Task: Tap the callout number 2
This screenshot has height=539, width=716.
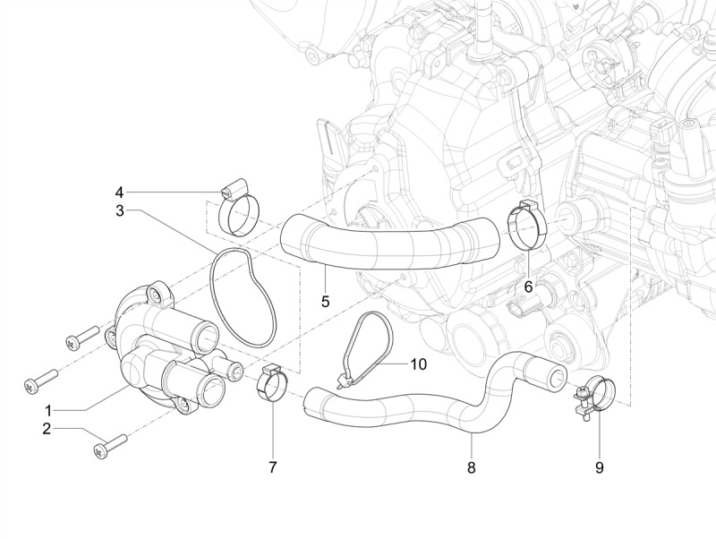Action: click(x=47, y=430)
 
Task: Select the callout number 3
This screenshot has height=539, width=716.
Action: click(x=119, y=211)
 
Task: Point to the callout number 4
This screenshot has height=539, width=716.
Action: click(x=119, y=192)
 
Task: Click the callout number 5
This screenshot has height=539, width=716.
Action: click(x=326, y=301)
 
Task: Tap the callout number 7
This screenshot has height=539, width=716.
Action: click(x=273, y=466)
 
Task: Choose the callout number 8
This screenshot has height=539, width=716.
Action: click(x=472, y=466)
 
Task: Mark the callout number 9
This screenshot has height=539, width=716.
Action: click(x=600, y=466)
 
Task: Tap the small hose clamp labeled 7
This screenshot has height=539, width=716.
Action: click(x=272, y=386)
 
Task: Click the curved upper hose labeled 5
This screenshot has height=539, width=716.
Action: click(x=394, y=241)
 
